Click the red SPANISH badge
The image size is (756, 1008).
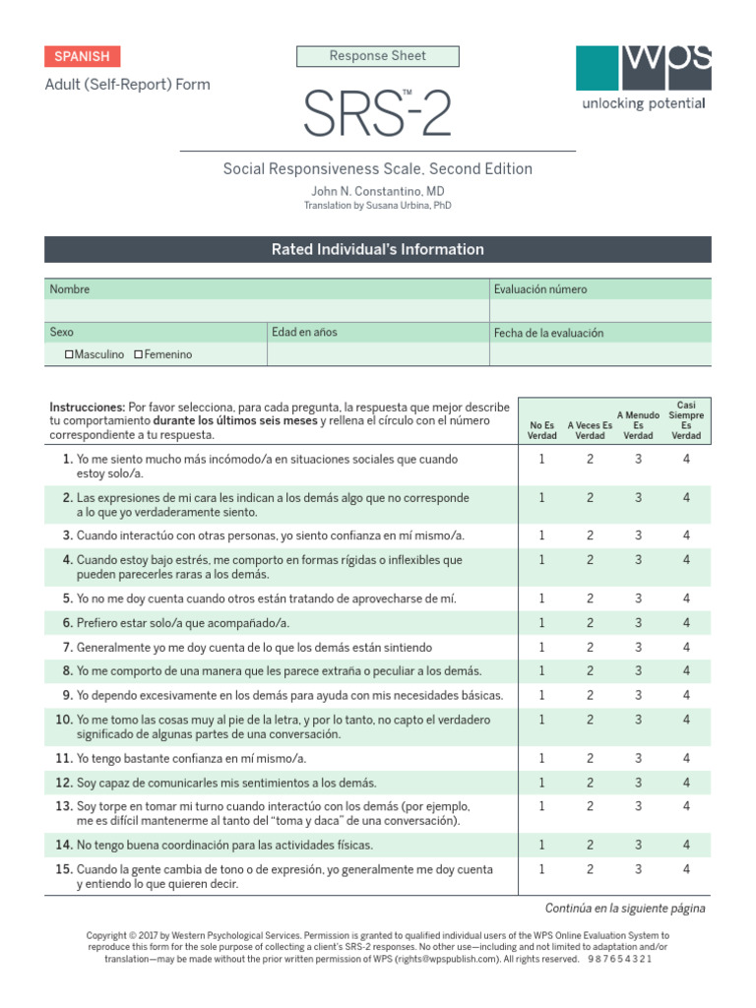pyautogui.click(x=83, y=57)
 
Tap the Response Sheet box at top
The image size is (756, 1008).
pyautogui.click(x=378, y=57)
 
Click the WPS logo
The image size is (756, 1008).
pyautogui.click(x=643, y=78)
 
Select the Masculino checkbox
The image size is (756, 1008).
pyautogui.click(x=70, y=354)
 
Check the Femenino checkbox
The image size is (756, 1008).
pyautogui.click(x=139, y=354)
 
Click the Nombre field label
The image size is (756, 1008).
pyautogui.click(x=70, y=289)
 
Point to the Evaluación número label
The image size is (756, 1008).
pyautogui.click(x=540, y=289)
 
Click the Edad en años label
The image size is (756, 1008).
pyautogui.click(x=304, y=333)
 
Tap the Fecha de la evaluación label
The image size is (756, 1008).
pyautogui.click(x=548, y=334)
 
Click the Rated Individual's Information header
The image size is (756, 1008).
pyautogui.click(x=378, y=250)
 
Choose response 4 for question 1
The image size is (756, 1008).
pyautogui.click(x=686, y=460)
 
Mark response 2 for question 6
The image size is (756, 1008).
pyautogui.click(x=590, y=623)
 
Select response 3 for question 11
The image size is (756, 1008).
pyautogui.click(x=638, y=758)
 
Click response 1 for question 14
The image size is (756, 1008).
pyautogui.click(x=541, y=845)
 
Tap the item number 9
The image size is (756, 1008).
pyautogui.click(x=67, y=695)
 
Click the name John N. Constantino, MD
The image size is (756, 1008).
pyautogui.click(x=378, y=190)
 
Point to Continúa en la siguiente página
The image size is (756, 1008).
pyautogui.click(x=625, y=908)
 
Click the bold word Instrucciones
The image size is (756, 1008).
pyautogui.click(x=87, y=407)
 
